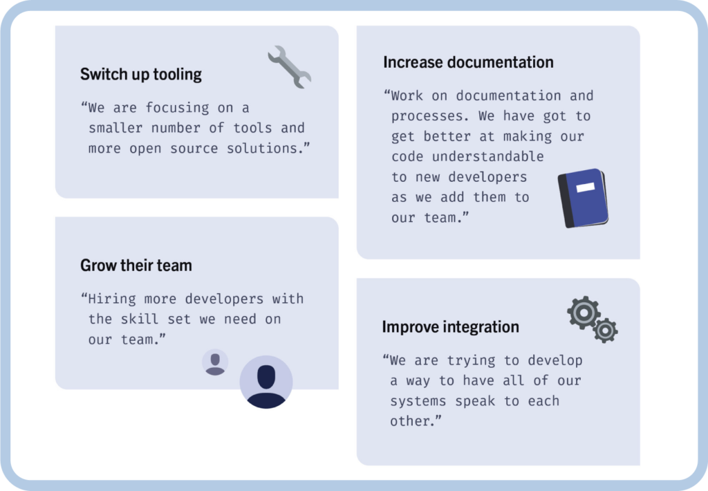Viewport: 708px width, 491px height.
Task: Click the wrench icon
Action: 290,67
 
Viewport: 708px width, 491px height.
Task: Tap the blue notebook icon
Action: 583,198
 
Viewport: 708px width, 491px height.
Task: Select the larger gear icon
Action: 584,312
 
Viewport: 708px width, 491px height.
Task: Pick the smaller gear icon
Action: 606,331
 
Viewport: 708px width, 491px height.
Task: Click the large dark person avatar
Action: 266,382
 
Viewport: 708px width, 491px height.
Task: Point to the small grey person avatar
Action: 215,362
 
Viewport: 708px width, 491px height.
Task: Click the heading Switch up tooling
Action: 141,74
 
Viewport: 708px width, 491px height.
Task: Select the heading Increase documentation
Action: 468,62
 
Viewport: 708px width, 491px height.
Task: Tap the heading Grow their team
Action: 136,265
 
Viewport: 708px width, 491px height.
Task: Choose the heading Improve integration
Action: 450,326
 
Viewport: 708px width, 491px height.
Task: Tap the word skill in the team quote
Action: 140,319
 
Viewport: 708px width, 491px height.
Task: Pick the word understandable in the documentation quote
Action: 487,156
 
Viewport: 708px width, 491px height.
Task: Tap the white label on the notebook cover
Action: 586,187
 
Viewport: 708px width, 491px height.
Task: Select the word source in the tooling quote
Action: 194,149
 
